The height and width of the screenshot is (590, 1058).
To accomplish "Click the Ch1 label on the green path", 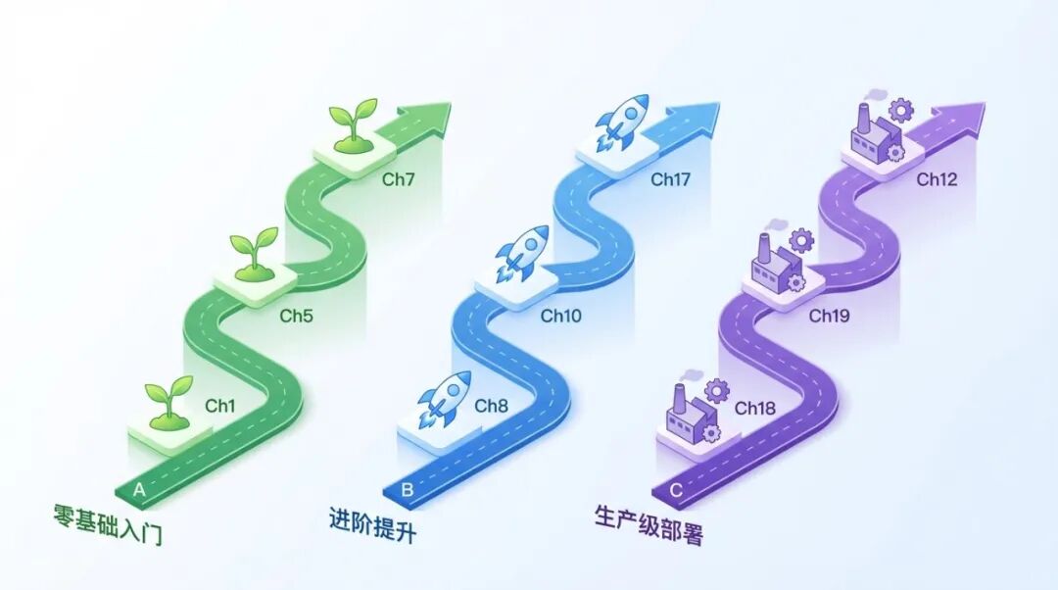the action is [x=220, y=405].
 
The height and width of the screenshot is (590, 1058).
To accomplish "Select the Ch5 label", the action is [x=296, y=316].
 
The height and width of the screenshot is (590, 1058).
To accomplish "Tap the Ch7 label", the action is [x=399, y=179].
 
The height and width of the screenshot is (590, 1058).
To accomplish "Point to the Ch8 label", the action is [x=492, y=405].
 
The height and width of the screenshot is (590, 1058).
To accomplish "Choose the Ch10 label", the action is [x=560, y=316].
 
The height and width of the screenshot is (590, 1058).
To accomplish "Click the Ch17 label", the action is [x=671, y=179].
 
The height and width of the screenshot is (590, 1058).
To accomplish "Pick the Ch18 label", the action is [x=755, y=408].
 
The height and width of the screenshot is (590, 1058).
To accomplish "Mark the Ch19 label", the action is [x=829, y=316].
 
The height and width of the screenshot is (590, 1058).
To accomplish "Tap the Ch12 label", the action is [x=937, y=179].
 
